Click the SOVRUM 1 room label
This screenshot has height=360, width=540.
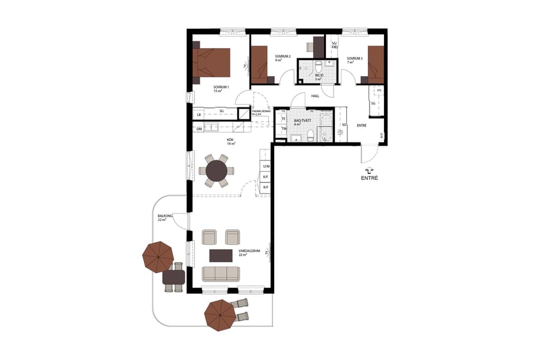coord(221,88)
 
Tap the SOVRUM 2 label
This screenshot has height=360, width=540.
coord(283,56)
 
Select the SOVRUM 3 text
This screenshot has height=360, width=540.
coord(354,58)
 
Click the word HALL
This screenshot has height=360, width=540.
coord(314,96)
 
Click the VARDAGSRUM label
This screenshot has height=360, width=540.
coord(249,252)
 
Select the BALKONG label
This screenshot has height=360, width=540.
coord(166,216)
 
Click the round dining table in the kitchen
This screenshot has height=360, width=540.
coord(216,171)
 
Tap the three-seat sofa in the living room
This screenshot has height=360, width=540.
coord(220,274)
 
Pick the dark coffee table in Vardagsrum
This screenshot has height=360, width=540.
coord(220,256)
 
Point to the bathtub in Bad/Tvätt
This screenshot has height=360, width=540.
coord(326,127)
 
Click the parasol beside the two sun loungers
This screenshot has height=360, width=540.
coord(219,315)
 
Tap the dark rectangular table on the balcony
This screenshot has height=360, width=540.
coord(173,277)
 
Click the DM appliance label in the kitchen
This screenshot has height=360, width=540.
coord(199,128)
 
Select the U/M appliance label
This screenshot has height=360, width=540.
coord(266,166)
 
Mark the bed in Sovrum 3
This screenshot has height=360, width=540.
coord(376,64)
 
